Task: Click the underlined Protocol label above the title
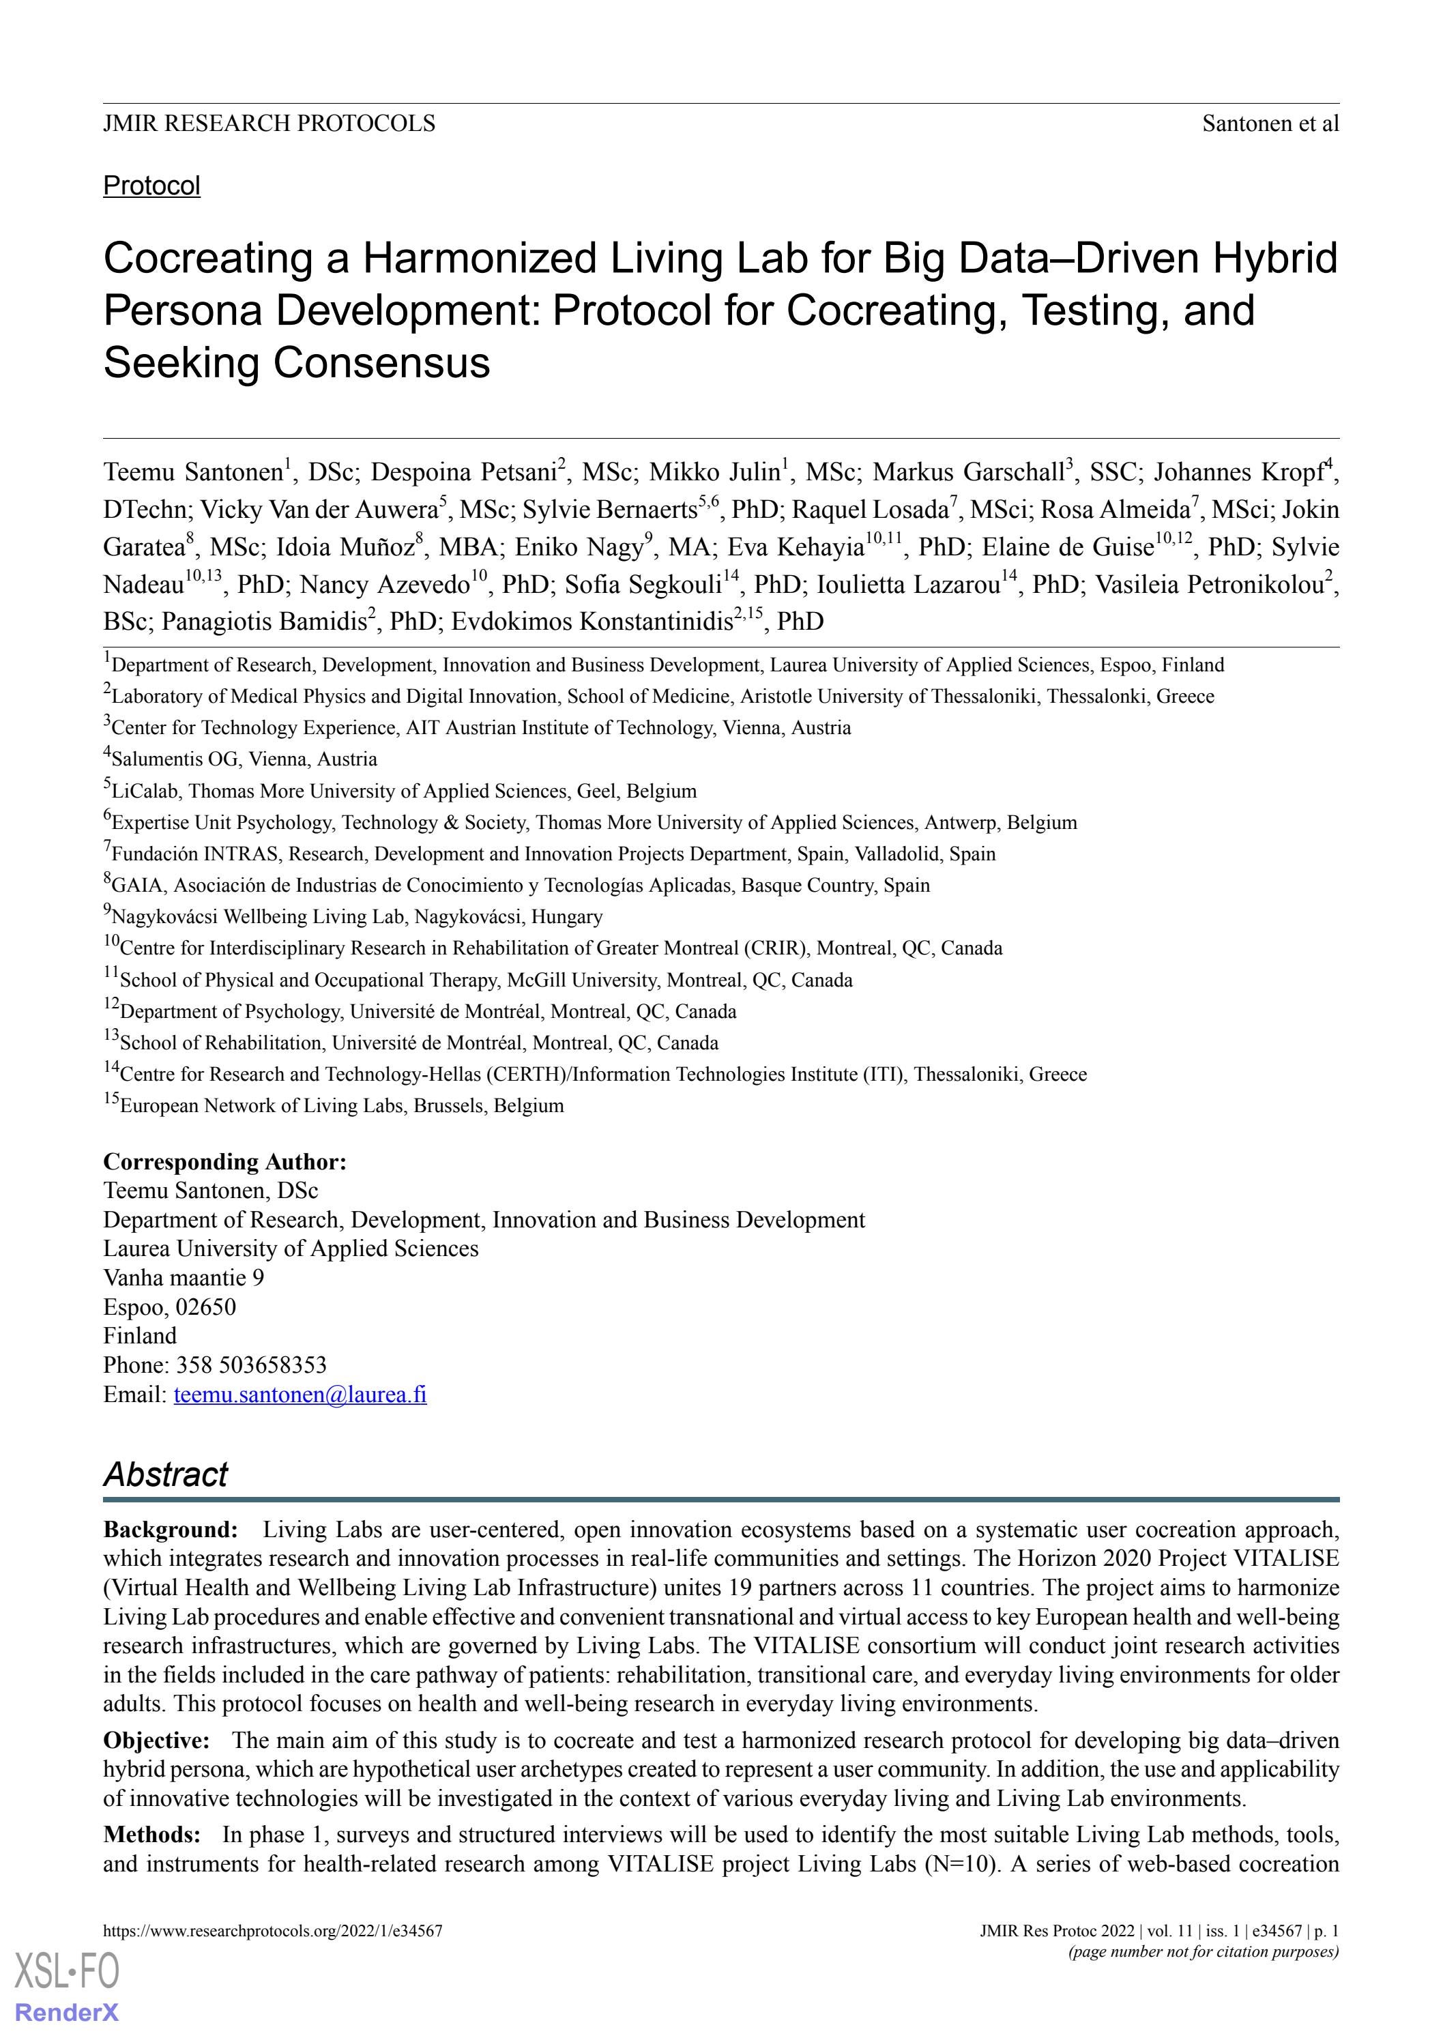point(152,186)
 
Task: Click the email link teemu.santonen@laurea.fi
point(300,1393)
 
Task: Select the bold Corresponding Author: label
point(224,1161)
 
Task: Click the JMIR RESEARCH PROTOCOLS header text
point(269,123)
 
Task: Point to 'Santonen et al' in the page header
point(1270,123)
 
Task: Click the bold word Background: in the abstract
point(171,1529)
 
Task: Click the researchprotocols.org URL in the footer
point(273,1930)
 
